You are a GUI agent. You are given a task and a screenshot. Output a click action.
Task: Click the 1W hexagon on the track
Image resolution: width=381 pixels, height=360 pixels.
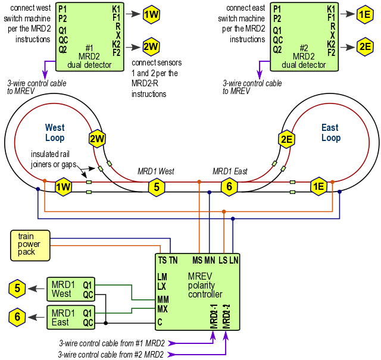pyautogui.click(x=64, y=187)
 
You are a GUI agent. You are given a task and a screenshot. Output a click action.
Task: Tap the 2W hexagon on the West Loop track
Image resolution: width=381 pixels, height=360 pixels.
pyautogui.click(x=98, y=140)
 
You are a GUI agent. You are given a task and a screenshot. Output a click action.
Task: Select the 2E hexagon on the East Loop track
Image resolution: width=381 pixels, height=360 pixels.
pyautogui.click(x=287, y=140)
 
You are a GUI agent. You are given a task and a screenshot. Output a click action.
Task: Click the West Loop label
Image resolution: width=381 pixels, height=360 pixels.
pyautogui.click(x=55, y=133)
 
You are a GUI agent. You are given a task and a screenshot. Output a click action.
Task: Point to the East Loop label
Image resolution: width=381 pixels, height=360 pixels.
pyautogui.click(x=330, y=133)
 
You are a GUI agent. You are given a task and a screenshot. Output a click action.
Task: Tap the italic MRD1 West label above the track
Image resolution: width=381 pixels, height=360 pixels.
pyautogui.click(x=156, y=171)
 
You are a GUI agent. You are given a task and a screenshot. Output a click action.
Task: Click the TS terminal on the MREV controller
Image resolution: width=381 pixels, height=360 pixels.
pyautogui.click(x=162, y=260)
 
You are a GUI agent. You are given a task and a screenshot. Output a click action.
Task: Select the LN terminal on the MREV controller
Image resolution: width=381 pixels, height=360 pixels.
pyautogui.click(x=233, y=260)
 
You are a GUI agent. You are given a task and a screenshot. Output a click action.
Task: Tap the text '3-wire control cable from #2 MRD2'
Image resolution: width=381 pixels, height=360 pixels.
pyautogui.click(x=111, y=354)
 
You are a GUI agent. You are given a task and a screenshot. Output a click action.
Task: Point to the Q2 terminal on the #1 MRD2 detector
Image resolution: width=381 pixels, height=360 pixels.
pyautogui.click(x=62, y=49)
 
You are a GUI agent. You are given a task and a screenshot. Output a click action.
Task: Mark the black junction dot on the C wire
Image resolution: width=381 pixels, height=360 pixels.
pyautogui.click(x=106, y=323)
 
